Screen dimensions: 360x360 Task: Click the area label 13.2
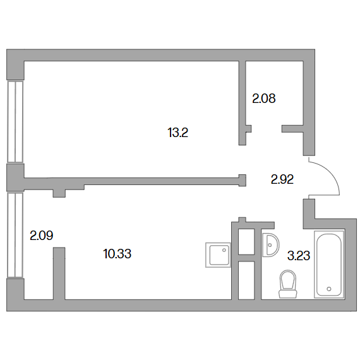click(178, 133)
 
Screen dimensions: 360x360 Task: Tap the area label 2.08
click(264, 99)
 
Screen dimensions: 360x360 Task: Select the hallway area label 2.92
click(282, 179)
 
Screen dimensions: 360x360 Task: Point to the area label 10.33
click(117, 254)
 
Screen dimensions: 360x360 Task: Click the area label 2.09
click(42, 236)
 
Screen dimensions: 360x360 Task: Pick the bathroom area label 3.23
click(299, 256)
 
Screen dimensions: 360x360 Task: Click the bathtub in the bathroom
click(329, 265)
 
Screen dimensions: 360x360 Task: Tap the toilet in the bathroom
click(287, 284)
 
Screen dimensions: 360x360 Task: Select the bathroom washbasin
click(271, 245)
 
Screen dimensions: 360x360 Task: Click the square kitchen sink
click(218, 255)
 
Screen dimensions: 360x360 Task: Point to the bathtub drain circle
click(329, 289)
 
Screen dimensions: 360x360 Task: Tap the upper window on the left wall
click(15, 122)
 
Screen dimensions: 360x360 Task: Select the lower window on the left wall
click(15, 235)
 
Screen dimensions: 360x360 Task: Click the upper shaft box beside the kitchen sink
click(246, 241)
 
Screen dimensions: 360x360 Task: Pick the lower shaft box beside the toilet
click(246, 280)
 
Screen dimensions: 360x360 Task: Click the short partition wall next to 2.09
click(59, 273)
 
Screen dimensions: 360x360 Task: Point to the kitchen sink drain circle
click(224, 250)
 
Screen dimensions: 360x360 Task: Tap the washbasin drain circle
click(270, 245)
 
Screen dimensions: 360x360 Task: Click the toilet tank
click(287, 294)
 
